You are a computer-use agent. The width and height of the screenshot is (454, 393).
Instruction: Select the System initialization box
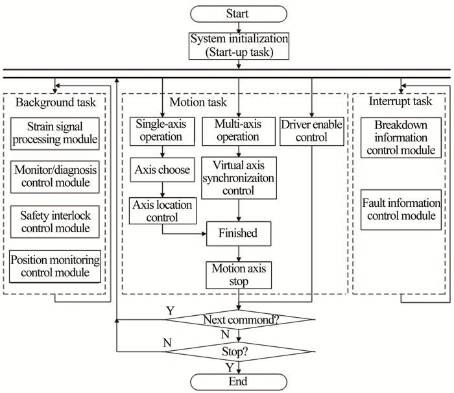point(239,45)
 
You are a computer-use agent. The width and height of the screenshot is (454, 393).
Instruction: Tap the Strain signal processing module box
point(55,132)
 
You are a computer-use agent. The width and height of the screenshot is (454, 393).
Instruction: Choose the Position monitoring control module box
point(55,266)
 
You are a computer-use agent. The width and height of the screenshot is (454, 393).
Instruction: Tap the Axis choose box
point(161,171)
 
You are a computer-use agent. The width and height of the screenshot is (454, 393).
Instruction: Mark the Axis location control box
point(161,210)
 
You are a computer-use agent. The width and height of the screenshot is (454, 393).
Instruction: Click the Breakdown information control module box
point(400,137)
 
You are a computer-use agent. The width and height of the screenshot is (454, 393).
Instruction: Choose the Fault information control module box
point(400,209)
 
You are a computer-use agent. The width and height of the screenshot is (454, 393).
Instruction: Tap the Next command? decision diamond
point(240,320)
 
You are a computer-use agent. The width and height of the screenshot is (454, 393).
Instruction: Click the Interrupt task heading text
point(400,102)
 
